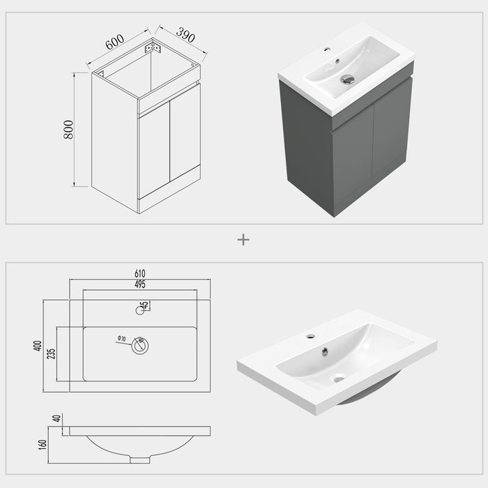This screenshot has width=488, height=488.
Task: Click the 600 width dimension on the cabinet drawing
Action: tap(115, 42)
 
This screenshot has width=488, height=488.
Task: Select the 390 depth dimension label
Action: tap(185, 34)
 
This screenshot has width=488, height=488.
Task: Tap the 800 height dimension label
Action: tap(68, 130)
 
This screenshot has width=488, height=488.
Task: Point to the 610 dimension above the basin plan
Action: tap(139, 273)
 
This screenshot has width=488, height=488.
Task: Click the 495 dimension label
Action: tap(139, 284)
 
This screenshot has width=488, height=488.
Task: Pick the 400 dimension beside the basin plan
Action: tap(38, 345)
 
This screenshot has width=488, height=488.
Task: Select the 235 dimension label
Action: tap(52, 353)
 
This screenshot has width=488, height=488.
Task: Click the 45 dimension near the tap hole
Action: tap(145, 306)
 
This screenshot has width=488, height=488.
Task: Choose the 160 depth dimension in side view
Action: tap(43, 443)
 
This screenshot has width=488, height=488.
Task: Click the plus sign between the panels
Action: tap(243, 240)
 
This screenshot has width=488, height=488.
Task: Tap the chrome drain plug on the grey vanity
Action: tap(347, 79)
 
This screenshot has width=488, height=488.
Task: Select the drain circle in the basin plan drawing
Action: tap(140, 346)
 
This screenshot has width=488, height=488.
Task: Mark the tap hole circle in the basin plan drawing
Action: tap(140, 310)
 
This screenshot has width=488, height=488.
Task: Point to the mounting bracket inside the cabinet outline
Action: tap(153, 48)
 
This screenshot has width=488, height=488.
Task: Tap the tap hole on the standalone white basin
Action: tap(310, 337)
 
